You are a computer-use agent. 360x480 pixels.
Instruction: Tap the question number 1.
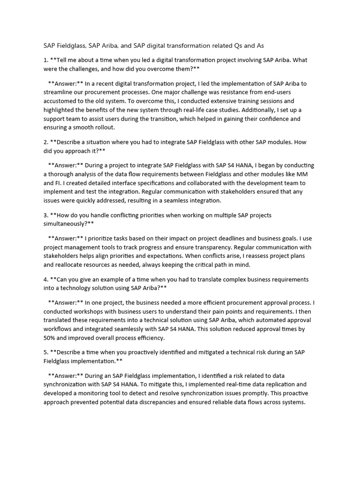pyautogui.click(x=45, y=60)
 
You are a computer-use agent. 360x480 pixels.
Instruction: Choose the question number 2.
pyautogui.click(x=45, y=142)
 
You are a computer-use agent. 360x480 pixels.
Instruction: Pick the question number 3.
pyautogui.click(x=45, y=215)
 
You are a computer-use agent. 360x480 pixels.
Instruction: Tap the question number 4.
pyautogui.click(x=45, y=279)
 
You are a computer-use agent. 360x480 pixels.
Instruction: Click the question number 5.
pyautogui.click(x=45, y=352)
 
